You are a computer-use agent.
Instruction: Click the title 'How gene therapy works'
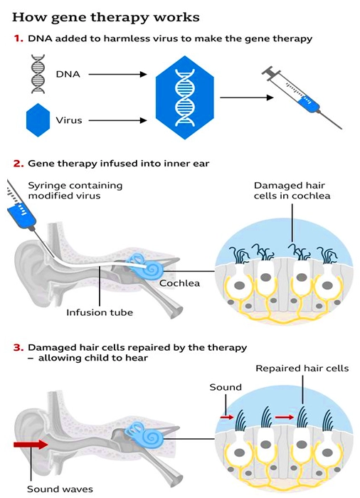(x=106, y=17)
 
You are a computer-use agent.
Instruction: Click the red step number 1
(x=18, y=38)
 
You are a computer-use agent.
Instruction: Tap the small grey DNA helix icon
(x=38, y=74)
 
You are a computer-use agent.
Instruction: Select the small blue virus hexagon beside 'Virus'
(x=38, y=120)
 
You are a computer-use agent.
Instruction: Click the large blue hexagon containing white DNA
(x=184, y=97)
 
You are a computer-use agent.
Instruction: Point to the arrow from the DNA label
(x=117, y=74)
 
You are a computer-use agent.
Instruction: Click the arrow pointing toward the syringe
(x=247, y=97)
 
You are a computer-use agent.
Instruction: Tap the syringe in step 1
(x=302, y=97)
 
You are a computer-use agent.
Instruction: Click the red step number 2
(x=18, y=164)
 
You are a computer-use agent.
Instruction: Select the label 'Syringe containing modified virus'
(x=75, y=190)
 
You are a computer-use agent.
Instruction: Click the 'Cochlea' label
(x=179, y=283)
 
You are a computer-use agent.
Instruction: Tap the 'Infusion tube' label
(x=100, y=312)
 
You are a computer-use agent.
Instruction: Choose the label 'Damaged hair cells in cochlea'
(x=292, y=190)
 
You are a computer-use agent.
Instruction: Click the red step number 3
(x=18, y=348)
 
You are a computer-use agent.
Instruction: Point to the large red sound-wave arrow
(x=31, y=445)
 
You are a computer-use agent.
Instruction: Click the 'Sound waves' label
(x=60, y=489)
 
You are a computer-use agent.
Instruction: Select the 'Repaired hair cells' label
(x=302, y=369)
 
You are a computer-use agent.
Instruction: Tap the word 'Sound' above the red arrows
(x=226, y=387)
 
